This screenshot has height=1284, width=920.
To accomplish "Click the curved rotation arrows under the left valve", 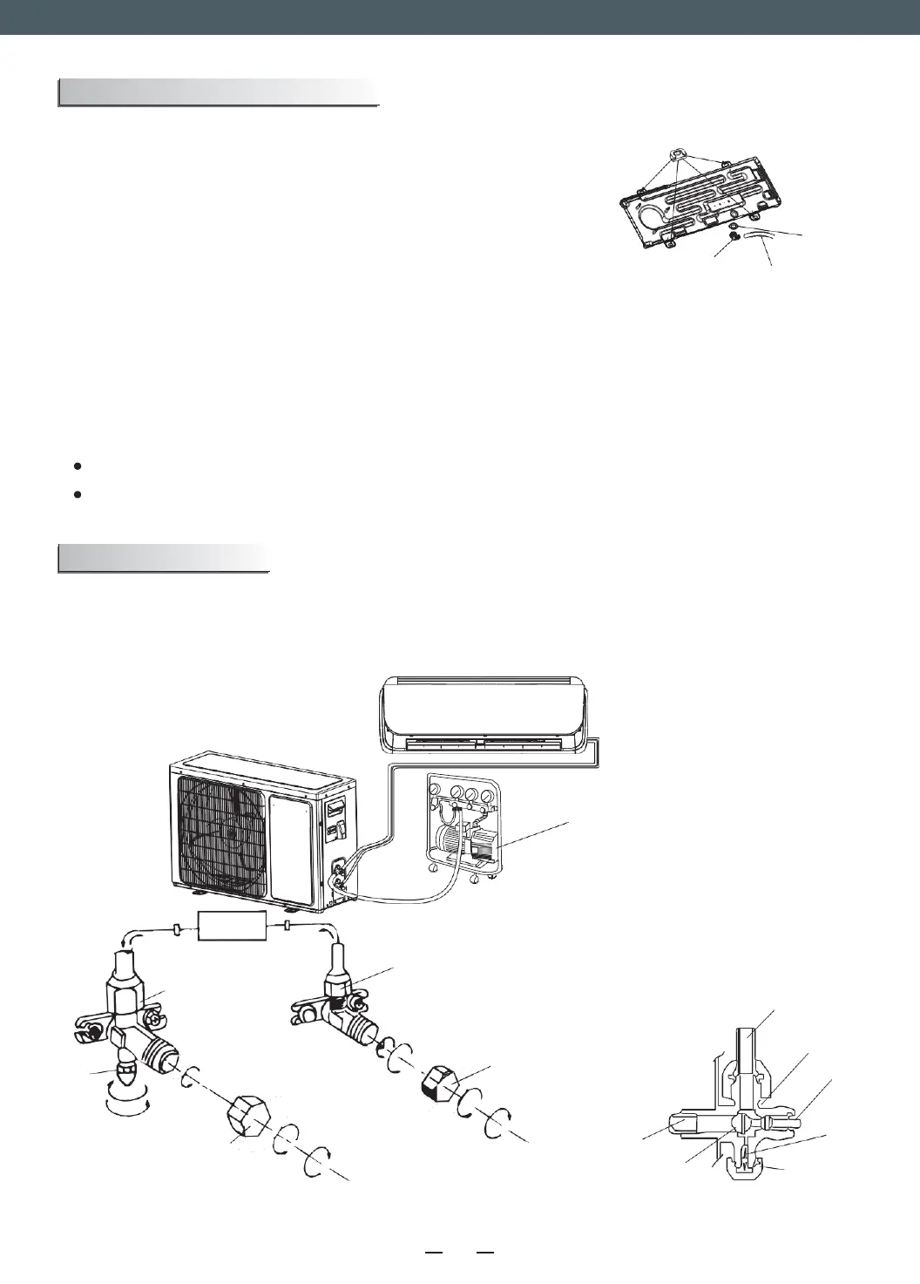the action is [x=125, y=1102].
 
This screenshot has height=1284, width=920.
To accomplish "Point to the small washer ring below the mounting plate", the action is [x=736, y=227].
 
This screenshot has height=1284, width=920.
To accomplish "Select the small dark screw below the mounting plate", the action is [x=736, y=240].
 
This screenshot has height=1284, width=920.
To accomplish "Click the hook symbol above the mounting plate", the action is [x=676, y=154].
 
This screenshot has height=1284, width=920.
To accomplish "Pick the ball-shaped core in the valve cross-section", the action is [x=739, y=1122].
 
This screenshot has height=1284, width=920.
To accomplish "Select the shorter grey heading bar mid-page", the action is [x=163, y=558].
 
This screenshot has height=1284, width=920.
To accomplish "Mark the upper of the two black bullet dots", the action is [x=78, y=466].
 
